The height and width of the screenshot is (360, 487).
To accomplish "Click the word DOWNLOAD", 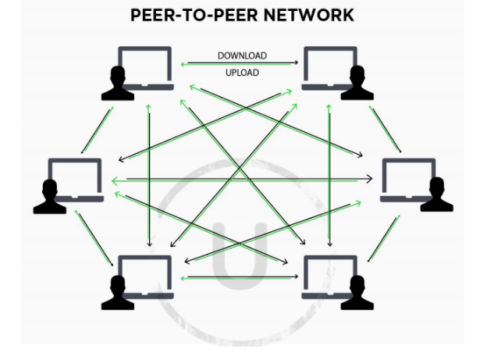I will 242,56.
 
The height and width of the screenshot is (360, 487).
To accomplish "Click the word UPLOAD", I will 242,73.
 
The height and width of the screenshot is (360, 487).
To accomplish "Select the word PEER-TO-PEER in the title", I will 185,15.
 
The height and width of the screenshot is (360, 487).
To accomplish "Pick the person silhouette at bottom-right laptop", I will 357,293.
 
